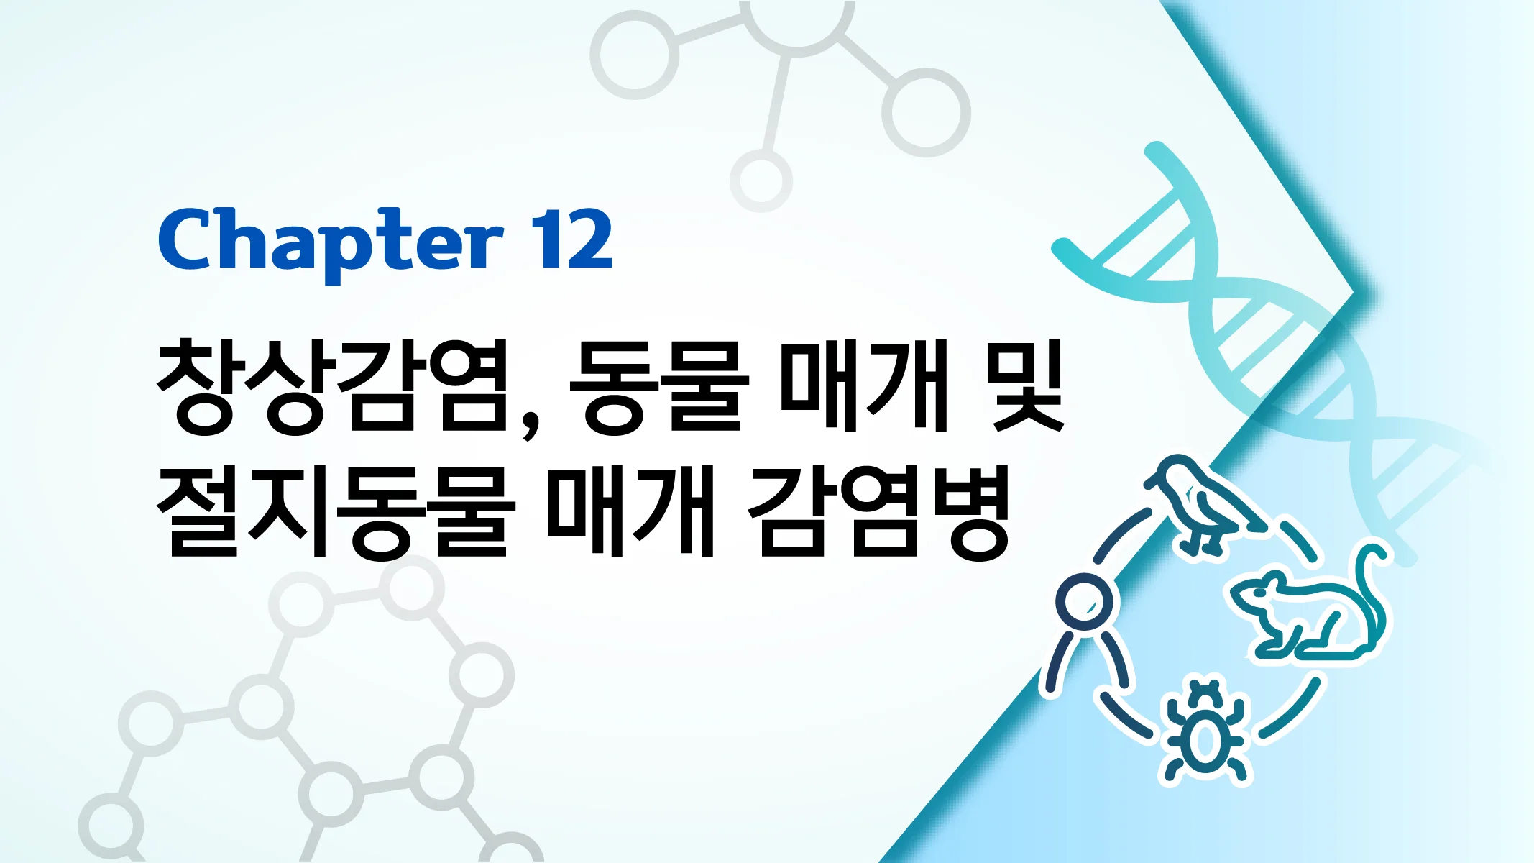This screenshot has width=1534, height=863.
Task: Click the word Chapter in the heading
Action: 331,241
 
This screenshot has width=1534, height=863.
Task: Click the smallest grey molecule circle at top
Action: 761,180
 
